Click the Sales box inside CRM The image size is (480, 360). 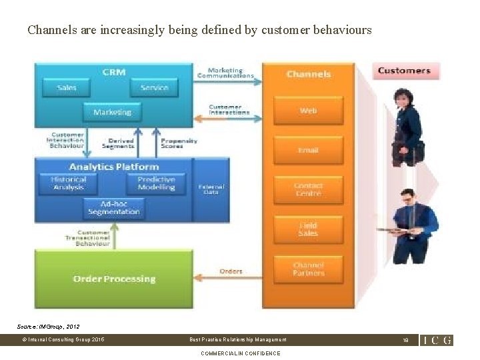pos(67,87)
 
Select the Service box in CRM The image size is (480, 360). pos(154,87)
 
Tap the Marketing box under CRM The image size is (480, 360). pos(112,112)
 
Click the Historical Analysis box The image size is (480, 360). pos(69,183)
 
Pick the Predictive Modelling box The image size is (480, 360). pos(156,183)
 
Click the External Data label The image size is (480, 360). pos(211,189)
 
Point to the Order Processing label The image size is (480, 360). pos(114,279)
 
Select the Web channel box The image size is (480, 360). pos(308,111)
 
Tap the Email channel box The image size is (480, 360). pos(308,150)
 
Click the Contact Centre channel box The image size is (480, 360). pos(308,189)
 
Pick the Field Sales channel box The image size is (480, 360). pos(308,229)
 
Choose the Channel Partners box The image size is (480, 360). pos(308,269)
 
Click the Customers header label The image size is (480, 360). pos(404,71)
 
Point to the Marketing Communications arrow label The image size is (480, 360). pos(225,73)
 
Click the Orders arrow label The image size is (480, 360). pos(231,271)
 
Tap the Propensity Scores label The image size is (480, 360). pos(179,143)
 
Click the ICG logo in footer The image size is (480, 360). pos(436,340)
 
